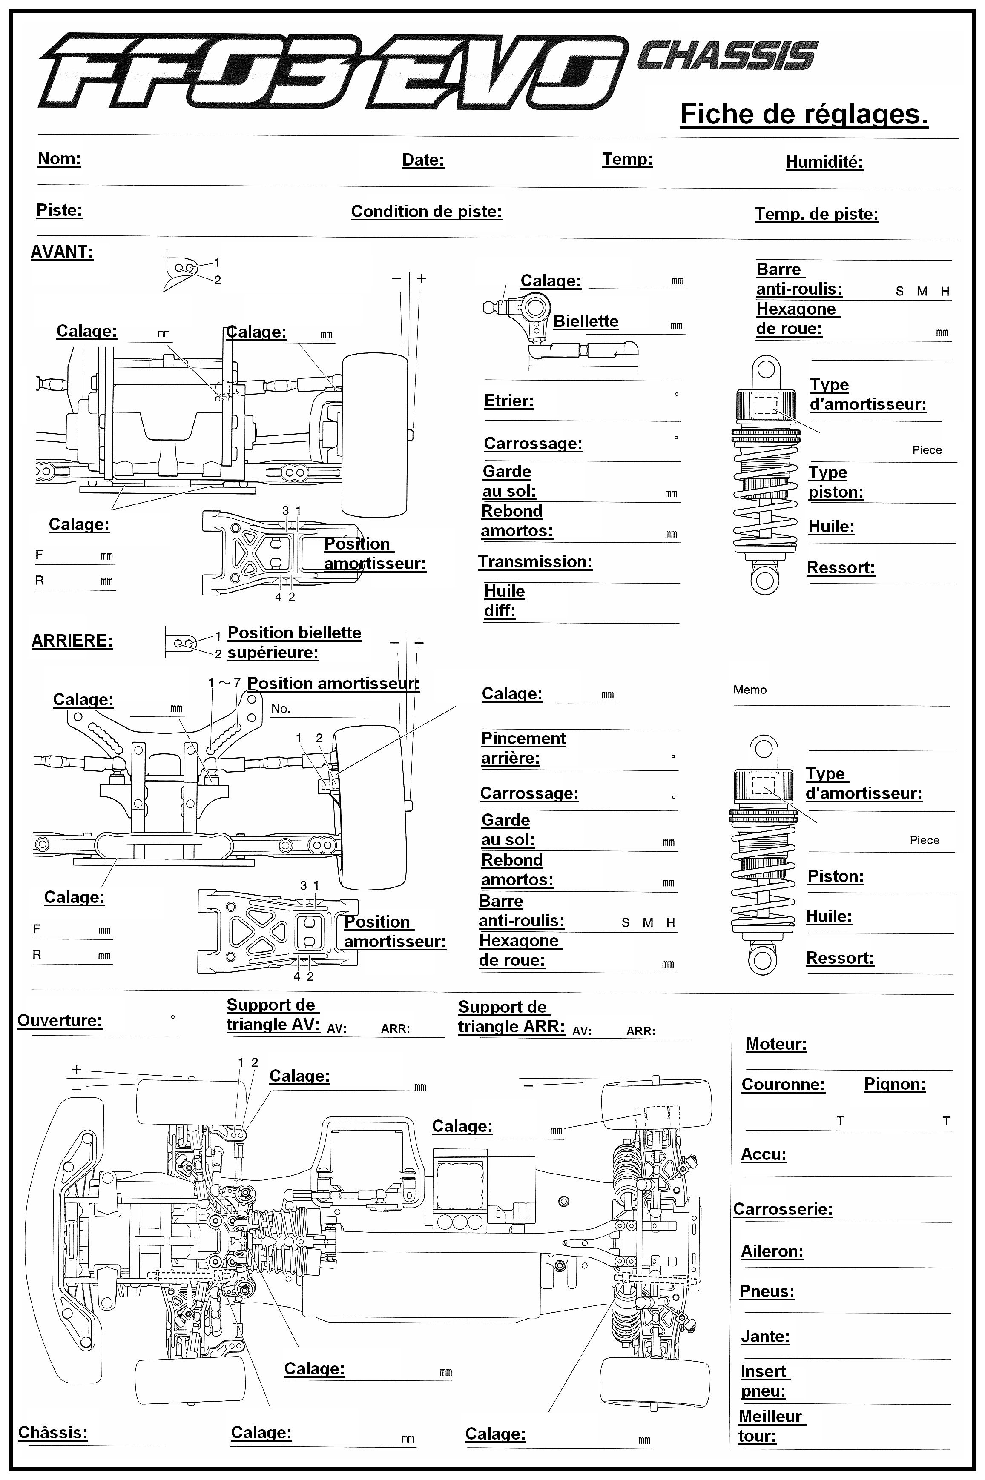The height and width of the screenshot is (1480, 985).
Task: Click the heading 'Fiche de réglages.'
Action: coord(804,114)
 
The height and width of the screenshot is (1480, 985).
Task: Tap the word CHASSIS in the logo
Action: coord(727,56)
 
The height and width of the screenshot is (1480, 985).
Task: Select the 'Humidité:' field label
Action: coord(824,162)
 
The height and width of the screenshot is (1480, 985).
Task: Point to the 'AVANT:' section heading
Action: coord(62,252)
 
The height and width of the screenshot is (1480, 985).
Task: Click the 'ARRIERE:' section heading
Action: coord(72,641)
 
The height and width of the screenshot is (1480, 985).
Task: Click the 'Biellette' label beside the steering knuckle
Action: coord(586,321)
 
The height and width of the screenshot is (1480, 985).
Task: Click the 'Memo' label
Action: coord(750,690)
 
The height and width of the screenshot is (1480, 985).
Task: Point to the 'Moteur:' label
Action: coord(776,1044)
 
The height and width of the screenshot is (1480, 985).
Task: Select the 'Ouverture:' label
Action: coord(59,1020)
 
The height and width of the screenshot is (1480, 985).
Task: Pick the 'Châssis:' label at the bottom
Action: coord(53,1432)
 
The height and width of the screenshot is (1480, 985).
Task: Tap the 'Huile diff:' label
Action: coord(504,601)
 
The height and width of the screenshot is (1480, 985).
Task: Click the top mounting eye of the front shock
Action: coord(766,369)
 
